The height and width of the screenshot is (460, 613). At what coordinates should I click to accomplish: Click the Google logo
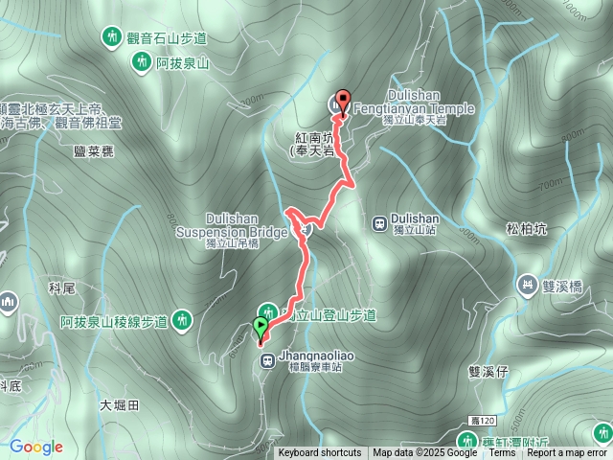pyautogui.click(x=36, y=447)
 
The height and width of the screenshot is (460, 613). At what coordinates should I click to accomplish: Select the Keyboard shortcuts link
pyautogui.click(x=320, y=453)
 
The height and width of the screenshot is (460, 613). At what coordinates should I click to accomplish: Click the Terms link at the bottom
pyautogui.click(x=502, y=453)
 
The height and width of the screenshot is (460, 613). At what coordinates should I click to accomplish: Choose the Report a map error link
pyautogui.click(x=567, y=453)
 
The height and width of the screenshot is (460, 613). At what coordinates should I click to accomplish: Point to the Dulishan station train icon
pyautogui.click(x=379, y=223)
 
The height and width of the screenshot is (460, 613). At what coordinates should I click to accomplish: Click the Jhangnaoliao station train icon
pyautogui.click(x=267, y=360)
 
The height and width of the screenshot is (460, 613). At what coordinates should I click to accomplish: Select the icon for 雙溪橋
pyautogui.click(x=527, y=285)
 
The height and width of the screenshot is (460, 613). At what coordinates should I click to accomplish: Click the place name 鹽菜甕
pyautogui.click(x=93, y=151)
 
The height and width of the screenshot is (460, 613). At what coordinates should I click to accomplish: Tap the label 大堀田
pyautogui.click(x=119, y=404)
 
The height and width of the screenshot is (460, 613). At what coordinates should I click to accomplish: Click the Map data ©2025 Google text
pyautogui.click(x=425, y=453)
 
